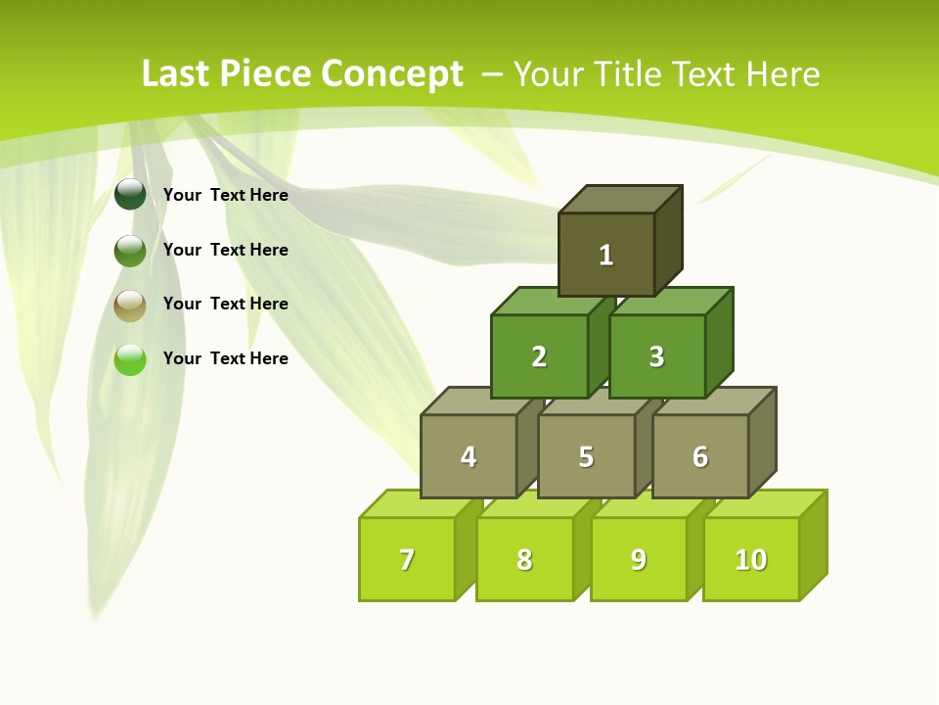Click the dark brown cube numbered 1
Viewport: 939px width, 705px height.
pos(606,255)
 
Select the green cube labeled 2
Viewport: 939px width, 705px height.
pos(539,356)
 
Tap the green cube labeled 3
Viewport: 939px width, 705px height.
pos(656,356)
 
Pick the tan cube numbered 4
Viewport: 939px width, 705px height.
pos(469,456)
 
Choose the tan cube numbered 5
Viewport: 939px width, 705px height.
pos(586,456)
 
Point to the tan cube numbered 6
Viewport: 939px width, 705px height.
pos(700,456)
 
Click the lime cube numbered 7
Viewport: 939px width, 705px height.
pos(407,559)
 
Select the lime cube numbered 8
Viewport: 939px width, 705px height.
pos(524,559)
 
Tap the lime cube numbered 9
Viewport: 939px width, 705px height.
pos(638,559)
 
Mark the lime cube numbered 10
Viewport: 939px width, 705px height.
pos(750,559)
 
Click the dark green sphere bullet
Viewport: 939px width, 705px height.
pos(130,194)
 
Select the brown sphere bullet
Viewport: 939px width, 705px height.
pos(130,305)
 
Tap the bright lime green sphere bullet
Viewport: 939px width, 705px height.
pos(130,359)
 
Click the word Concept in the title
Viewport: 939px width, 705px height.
pos(392,74)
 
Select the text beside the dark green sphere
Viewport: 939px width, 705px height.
pos(225,195)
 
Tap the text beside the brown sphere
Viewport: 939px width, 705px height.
pos(225,304)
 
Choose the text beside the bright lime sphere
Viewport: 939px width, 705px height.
pos(225,358)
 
